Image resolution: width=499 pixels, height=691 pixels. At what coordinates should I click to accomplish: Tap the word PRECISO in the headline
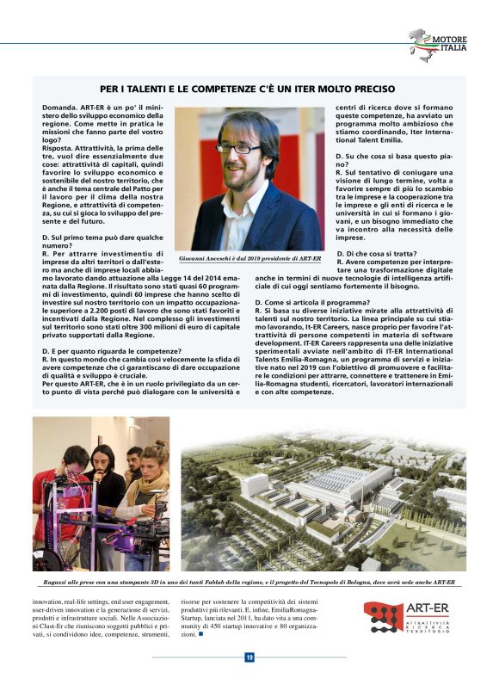(371, 89)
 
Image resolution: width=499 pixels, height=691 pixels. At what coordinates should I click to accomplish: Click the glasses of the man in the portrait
(238, 148)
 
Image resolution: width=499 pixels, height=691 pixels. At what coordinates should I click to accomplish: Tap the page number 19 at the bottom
(249, 657)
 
